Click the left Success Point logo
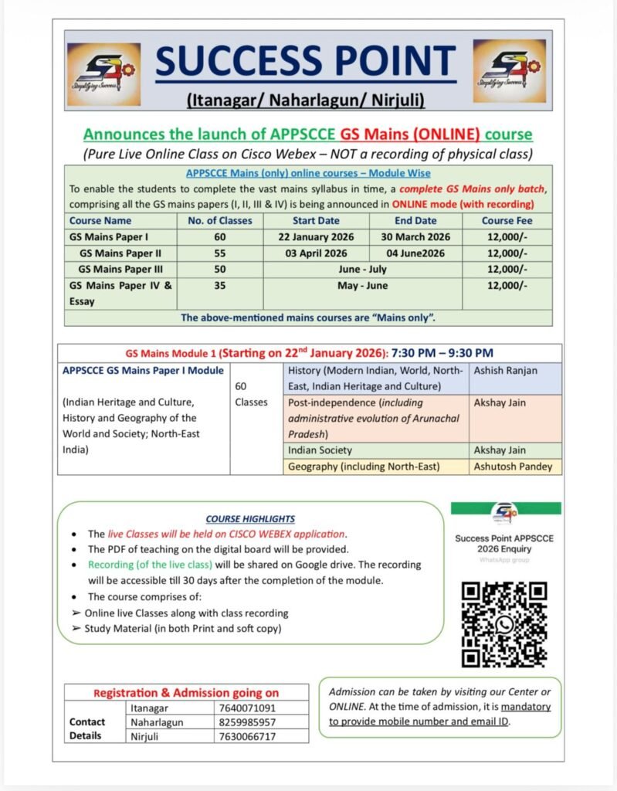click(x=103, y=74)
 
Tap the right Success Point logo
click(x=509, y=71)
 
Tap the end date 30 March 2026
click(x=415, y=236)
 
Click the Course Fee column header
click(x=507, y=221)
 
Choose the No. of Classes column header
click(x=220, y=221)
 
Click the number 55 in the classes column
click(x=220, y=253)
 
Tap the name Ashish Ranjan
click(x=507, y=371)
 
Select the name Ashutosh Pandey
click(x=515, y=466)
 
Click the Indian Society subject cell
click(x=320, y=450)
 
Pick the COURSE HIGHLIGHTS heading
click(x=250, y=519)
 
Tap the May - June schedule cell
click(x=363, y=286)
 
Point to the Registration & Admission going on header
click(x=186, y=693)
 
